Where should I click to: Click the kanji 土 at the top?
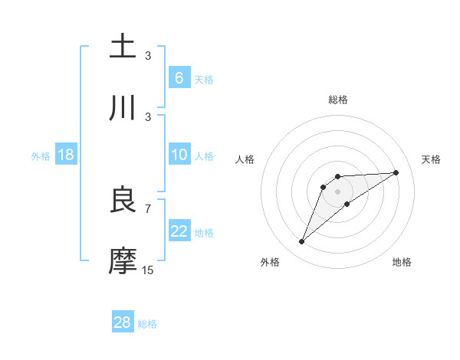pyautogui.click(x=123, y=47)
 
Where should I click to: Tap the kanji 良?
pyautogui.click(x=123, y=200)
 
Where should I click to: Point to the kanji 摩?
pyautogui.click(x=123, y=261)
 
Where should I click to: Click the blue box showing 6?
pyautogui.click(x=179, y=77)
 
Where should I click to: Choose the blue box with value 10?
pyautogui.click(x=179, y=155)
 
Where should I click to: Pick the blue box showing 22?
pyautogui.click(x=179, y=232)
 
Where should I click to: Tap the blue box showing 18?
pyautogui.click(x=66, y=155)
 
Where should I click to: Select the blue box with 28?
pyautogui.click(x=123, y=322)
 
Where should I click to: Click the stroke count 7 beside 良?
pyautogui.click(x=148, y=208)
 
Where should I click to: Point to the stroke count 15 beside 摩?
pyautogui.click(x=148, y=270)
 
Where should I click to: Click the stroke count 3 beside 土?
pyautogui.click(x=148, y=55)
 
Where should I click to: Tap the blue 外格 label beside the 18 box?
pyautogui.click(x=41, y=156)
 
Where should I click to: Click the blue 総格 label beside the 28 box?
pyautogui.click(x=147, y=324)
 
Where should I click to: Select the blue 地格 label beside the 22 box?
pyautogui.click(x=204, y=233)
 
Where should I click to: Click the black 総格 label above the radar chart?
pyautogui.click(x=338, y=100)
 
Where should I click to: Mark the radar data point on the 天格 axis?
pyautogui.click(x=396, y=172)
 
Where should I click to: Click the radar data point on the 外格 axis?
pyautogui.click(x=301, y=242)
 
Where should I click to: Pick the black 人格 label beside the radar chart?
pyautogui.click(x=245, y=159)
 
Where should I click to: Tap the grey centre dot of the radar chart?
pyautogui.click(x=338, y=191)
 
